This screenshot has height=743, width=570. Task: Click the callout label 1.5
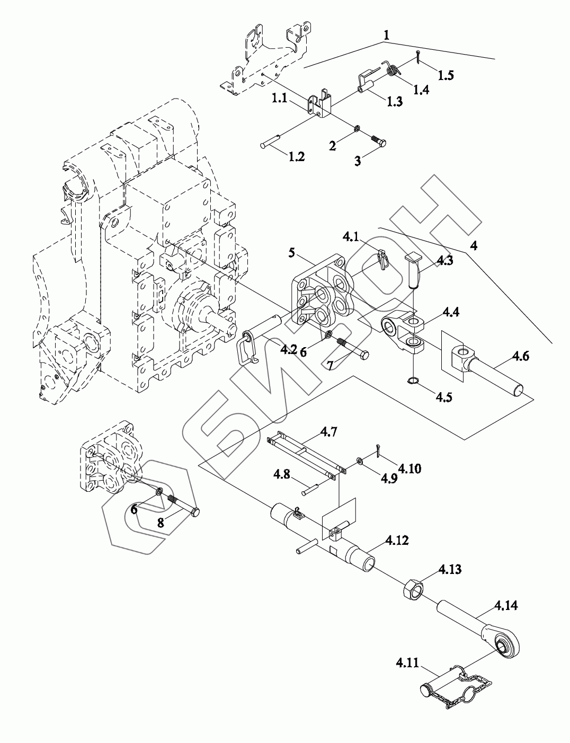click(x=446, y=75)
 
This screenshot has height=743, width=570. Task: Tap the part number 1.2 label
click(x=296, y=157)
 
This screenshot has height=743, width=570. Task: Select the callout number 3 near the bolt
click(x=358, y=161)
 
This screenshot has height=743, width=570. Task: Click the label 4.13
click(x=450, y=570)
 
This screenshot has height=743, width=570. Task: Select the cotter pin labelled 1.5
click(x=418, y=55)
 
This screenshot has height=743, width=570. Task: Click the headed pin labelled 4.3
click(x=413, y=270)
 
